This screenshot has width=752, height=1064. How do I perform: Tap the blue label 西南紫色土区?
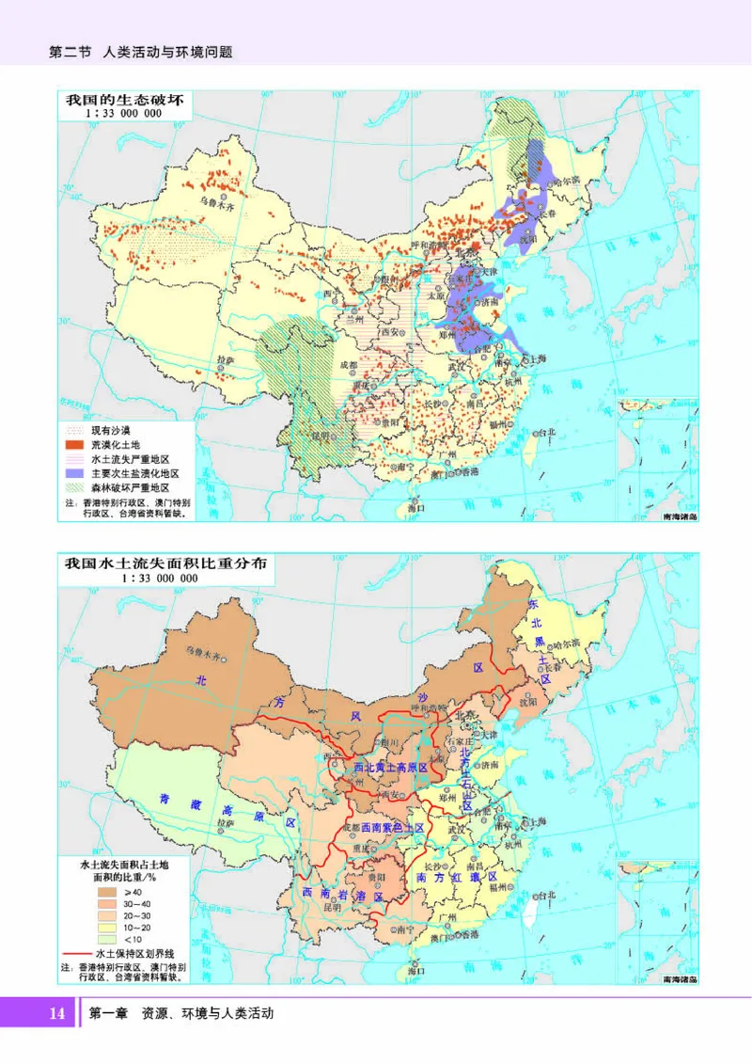click(392, 827)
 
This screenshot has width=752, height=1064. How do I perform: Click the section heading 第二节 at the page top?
click(69, 53)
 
